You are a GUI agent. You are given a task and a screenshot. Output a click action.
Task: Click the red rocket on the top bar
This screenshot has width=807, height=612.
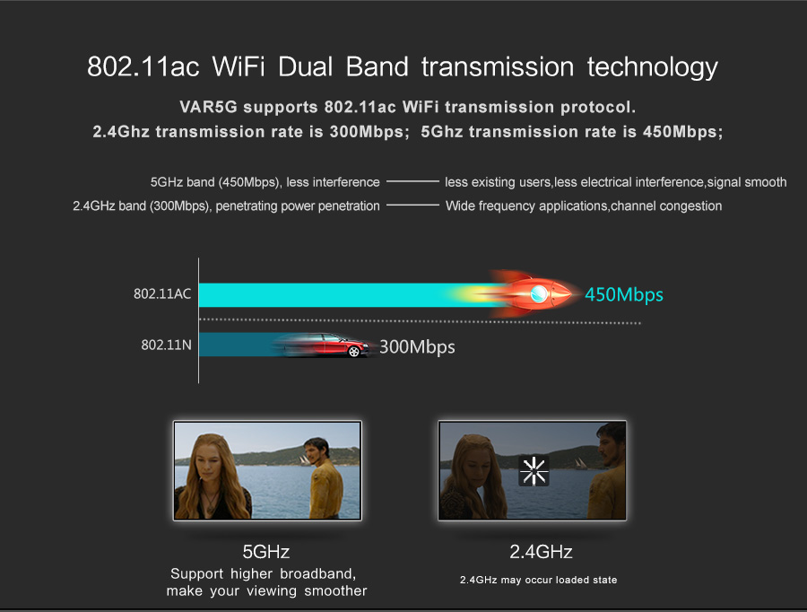[x=530, y=293]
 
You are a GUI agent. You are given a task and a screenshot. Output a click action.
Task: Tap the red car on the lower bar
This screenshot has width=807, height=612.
[x=325, y=345]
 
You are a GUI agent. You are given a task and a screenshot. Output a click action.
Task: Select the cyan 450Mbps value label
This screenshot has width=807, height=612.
[x=624, y=294]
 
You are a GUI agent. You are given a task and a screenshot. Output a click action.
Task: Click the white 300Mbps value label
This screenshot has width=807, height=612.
[x=417, y=346]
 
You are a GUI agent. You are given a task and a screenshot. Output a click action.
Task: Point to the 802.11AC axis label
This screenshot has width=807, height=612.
[x=162, y=293]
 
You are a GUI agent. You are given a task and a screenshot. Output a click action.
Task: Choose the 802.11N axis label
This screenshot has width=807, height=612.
[x=166, y=345]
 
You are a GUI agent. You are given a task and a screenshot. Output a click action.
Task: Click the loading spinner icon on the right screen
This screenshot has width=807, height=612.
[x=534, y=471]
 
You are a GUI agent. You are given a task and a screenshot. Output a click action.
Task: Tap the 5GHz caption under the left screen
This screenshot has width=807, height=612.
[x=266, y=552]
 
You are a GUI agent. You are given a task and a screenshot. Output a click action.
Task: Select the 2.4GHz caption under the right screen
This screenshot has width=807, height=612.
[x=541, y=552]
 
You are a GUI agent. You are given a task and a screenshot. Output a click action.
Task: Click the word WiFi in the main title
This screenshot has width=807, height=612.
[x=239, y=67]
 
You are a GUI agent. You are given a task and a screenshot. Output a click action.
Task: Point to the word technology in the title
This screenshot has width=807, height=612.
[x=652, y=68]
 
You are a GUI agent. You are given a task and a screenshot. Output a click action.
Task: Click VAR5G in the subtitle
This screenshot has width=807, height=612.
[x=208, y=107]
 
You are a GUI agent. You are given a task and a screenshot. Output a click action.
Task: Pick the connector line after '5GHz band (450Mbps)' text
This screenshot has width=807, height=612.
[x=412, y=181]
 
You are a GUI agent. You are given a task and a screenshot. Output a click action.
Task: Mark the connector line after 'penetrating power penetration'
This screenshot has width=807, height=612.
[x=412, y=205]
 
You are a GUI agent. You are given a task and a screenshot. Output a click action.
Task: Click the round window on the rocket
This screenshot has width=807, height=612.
[x=539, y=293]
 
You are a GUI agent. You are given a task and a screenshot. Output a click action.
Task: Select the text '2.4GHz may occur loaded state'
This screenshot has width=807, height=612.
[x=538, y=580]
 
